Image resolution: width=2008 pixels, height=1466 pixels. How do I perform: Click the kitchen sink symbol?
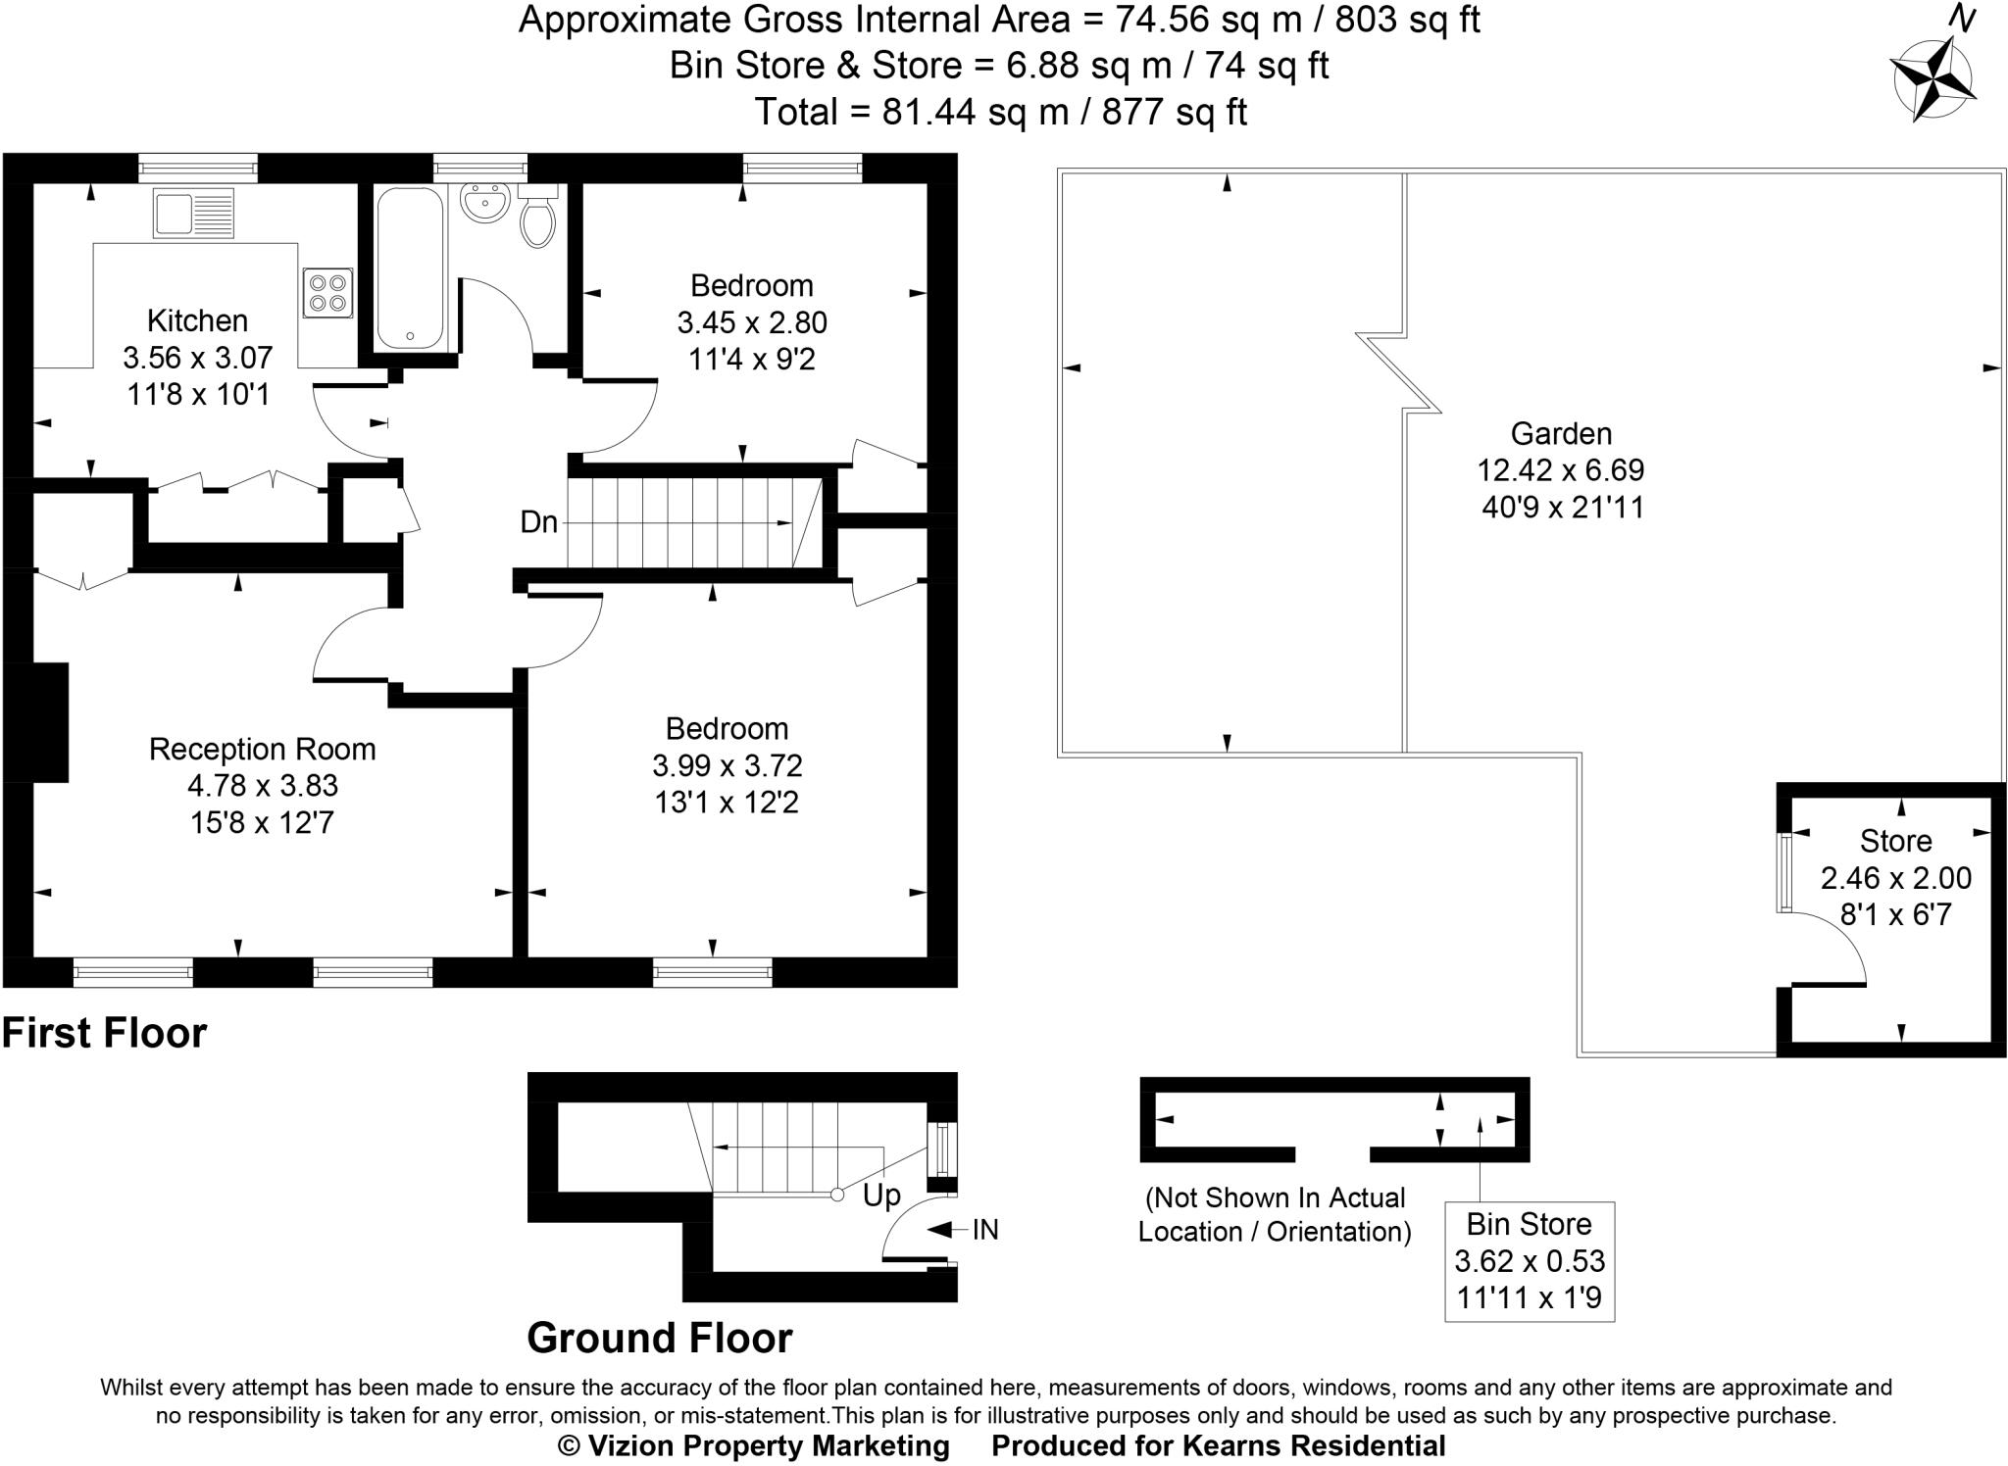[193, 213]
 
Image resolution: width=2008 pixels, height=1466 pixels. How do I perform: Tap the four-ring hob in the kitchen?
[327, 292]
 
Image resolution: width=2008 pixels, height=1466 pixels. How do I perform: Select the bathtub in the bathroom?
[410, 269]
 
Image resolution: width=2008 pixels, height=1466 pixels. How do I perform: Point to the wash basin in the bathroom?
[484, 203]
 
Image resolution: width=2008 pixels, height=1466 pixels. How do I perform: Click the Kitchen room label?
[197, 320]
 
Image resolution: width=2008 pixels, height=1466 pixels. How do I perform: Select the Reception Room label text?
[262, 749]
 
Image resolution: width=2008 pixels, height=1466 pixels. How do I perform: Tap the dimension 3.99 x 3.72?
[727, 765]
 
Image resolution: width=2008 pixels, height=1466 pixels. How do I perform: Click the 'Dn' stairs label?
[538, 522]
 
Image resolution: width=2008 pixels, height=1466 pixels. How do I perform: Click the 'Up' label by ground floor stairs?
[881, 1196]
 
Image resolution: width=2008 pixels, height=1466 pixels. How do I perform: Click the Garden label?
[1561, 433]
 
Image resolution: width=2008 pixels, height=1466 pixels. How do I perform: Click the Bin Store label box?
[1529, 1260]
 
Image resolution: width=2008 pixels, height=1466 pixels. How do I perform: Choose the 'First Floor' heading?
[105, 1033]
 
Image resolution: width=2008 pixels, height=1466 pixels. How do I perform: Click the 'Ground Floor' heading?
[659, 1338]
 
